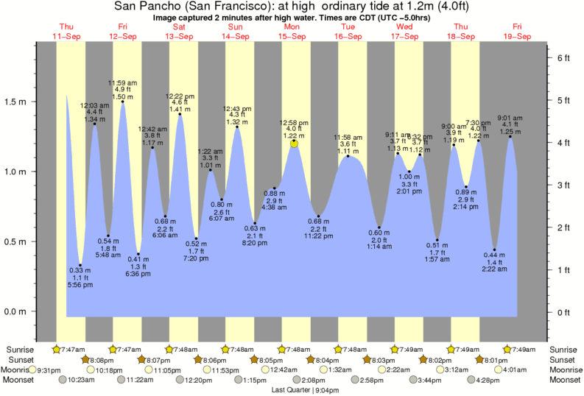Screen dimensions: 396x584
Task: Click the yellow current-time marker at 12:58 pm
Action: [x=295, y=144]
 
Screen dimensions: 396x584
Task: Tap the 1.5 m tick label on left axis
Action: [x=15, y=102]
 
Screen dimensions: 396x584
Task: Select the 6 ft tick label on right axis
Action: [x=563, y=57]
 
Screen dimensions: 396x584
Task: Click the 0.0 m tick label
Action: [x=15, y=311]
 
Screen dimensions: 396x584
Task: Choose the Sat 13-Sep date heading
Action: [x=179, y=31]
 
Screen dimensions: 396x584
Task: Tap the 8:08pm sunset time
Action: [x=103, y=360]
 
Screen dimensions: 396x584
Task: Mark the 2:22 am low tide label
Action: [x=496, y=270]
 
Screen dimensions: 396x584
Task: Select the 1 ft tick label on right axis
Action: [x=563, y=270]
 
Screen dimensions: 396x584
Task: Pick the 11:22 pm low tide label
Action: [x=318, y=236]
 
